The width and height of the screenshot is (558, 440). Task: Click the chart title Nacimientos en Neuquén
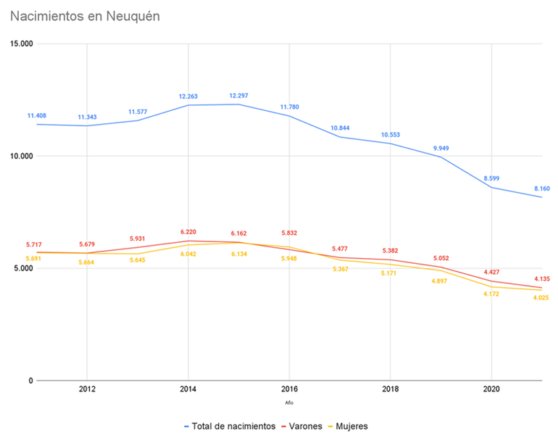tap(85, 15)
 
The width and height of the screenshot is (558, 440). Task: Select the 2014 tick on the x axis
tap(188, 391)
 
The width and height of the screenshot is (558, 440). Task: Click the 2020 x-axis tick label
tap(492, 391)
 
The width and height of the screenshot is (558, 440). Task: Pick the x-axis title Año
tap(289, 403)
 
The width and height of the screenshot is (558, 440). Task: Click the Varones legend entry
tap(305, 426)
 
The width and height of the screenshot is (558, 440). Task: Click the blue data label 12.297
tap(238, 96)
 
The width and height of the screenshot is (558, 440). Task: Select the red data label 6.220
tap(188, 232)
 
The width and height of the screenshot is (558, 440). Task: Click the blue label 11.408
tap(38, 116)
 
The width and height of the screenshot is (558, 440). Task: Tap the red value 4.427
tap(492, 273)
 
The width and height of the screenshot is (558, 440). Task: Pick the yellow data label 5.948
tap(289, 258)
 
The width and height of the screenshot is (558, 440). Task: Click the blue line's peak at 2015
tap(238, 104)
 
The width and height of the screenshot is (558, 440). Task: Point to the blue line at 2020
tap(492, 188)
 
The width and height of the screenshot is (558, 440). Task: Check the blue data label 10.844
tap(340, 128)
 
